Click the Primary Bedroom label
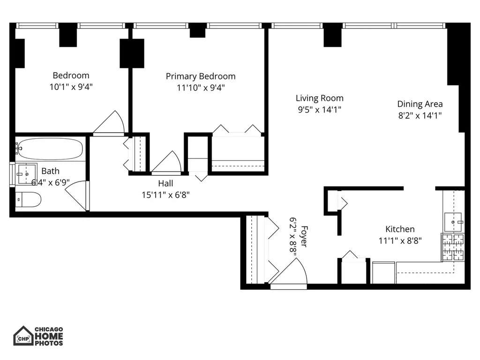(x=201, y=76)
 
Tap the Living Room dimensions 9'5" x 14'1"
(x=320, y=110)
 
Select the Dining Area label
(x=420, y=104)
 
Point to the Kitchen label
(x=400, y=229)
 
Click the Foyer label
(x=304, y=236)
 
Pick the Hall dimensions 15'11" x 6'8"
(x=165, y=195)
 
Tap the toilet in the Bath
(x=28, y=200)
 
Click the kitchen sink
(x=453, y=222)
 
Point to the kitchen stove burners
(x=453, y=247)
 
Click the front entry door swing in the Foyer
(x=288, y=272)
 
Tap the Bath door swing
(x=76, y=195)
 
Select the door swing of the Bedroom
(x=109, y=122)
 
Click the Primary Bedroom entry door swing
(x=167, y=162)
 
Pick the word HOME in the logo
(x=49, y=336)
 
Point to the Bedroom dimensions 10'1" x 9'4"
(x=71, y=87)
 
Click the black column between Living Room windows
(x=333, y=35)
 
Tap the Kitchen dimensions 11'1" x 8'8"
(x=400, y=240)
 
